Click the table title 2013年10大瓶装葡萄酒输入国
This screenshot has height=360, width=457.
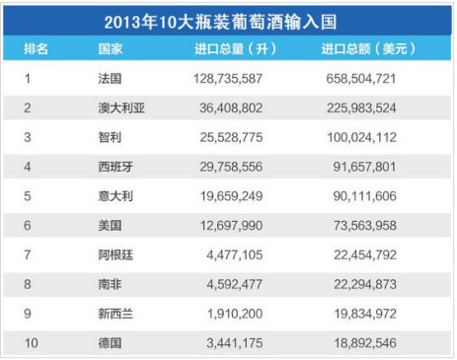coord(220,22)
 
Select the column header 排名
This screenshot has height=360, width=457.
coord(36,49)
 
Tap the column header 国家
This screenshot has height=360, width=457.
coord(111,49)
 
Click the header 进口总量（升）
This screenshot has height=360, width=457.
coord(235,49)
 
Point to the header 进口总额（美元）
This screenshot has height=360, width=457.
coord(368,49)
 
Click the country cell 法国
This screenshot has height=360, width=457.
coord(110,79)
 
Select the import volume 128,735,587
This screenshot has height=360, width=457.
coord(228,79)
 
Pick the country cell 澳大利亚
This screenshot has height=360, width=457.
coord(121,108)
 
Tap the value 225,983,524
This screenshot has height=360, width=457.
coord(361,108)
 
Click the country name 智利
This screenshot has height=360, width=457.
coord(110,137)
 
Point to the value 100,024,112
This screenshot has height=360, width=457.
coord(361,137)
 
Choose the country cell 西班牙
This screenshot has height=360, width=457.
coord(115,167)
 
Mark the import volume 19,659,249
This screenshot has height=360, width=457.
coord(231,196)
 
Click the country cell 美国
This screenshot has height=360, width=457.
coord(110,226)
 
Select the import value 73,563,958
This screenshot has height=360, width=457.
coord(365,226)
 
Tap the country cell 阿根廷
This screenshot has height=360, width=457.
coord(115,254)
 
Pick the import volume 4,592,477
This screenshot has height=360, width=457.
coord(235,284)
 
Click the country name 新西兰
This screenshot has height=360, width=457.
coord(115,314)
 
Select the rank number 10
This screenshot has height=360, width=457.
coord(32,343)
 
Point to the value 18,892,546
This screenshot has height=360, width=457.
coord(365,343)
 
